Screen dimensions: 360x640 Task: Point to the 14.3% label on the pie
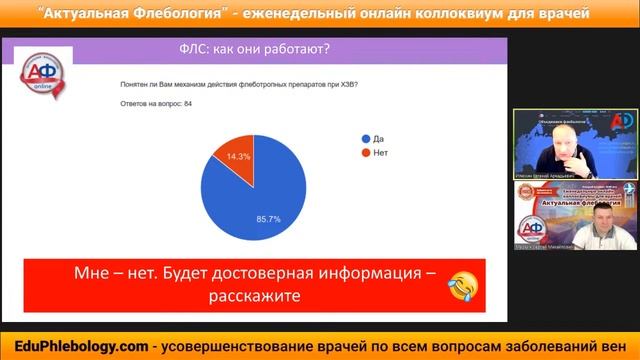click(x=239, y=157)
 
